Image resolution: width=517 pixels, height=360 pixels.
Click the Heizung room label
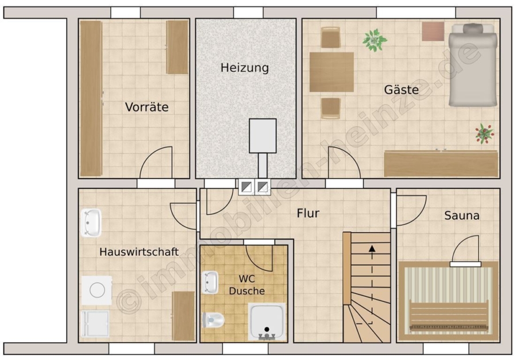245,68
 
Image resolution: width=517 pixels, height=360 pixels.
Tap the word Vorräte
146,107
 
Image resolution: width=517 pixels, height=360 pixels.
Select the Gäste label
402,90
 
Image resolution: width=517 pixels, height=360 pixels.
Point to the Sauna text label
462,216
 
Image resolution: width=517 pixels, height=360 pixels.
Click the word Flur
308,213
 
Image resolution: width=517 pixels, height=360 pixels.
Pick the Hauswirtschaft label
139,252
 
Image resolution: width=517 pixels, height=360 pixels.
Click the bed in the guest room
473,65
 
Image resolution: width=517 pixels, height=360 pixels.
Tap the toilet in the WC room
213,320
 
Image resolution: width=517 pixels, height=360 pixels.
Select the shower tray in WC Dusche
267,322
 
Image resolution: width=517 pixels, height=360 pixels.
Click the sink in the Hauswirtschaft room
91,223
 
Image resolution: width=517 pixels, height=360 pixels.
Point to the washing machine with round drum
97,290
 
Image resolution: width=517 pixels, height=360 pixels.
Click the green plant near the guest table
375,40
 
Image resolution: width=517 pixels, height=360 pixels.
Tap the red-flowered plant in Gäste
484,134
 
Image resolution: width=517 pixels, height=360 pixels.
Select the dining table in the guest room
331,72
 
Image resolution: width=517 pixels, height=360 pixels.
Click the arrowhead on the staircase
372,249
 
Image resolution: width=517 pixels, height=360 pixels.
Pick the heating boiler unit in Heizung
263,136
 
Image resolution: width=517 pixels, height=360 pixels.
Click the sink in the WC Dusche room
210,282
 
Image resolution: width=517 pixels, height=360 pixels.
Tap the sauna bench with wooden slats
449,315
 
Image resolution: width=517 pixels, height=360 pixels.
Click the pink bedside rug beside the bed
433,32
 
